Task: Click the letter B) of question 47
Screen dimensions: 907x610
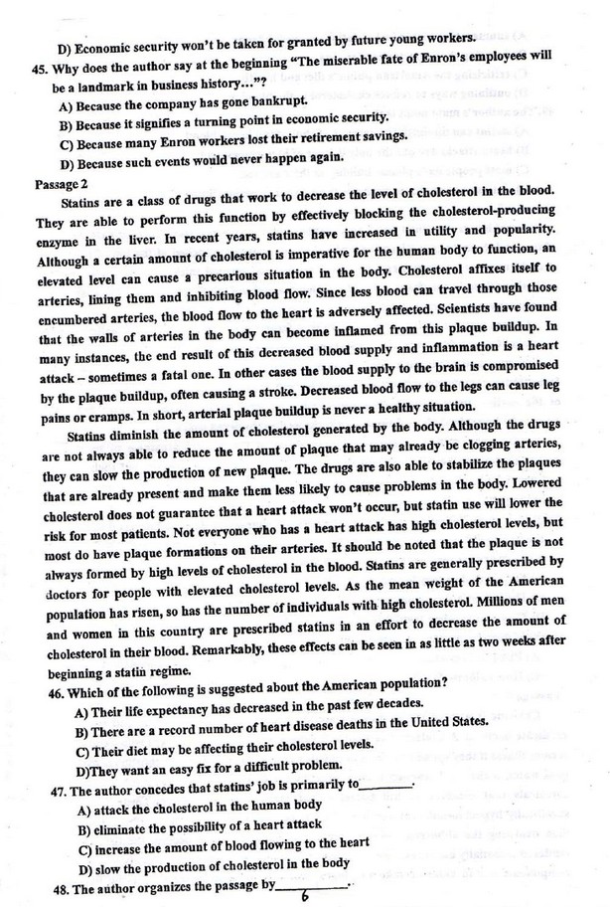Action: [x=84, y=827]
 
